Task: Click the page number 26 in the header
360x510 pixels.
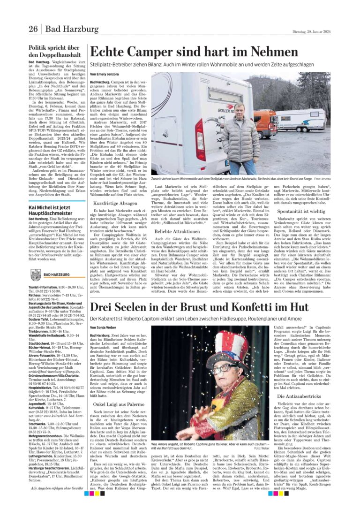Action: click(33, 30)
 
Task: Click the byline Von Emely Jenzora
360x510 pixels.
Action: click(104, 75)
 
